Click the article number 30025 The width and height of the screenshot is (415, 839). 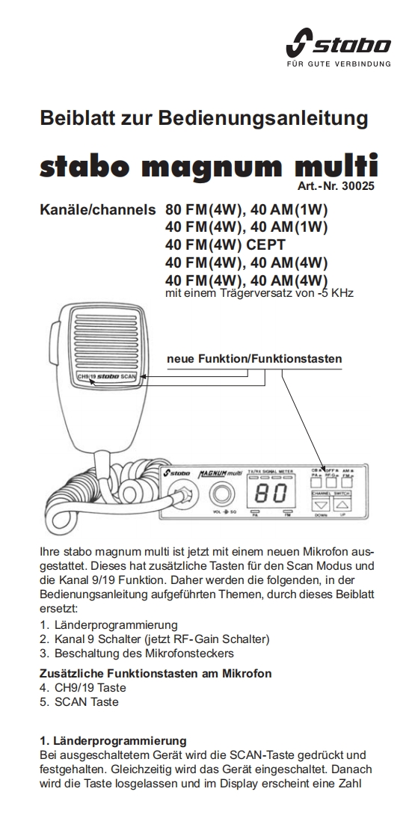(358, 186)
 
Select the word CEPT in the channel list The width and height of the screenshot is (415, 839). (265, 245)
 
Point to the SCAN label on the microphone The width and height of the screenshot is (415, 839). (129, 376)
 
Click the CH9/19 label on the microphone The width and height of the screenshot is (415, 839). (86, 376)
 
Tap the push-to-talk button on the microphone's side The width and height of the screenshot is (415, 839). (54, 345)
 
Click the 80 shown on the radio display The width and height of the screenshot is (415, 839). (271, 493)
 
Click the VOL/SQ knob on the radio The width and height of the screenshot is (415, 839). (221, 494)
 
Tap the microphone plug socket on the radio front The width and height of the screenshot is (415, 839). (181, 494)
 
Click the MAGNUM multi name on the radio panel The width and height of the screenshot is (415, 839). (221, 473)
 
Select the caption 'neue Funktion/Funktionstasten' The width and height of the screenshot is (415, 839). (254, 358)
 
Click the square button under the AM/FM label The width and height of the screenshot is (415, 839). (350, 482)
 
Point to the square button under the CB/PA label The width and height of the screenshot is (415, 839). (316, 482)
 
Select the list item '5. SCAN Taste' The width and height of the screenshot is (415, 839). (79, 701)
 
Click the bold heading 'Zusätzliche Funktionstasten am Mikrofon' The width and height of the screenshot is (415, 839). (156, 673)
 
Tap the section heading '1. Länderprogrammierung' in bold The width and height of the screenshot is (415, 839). (114, 740)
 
